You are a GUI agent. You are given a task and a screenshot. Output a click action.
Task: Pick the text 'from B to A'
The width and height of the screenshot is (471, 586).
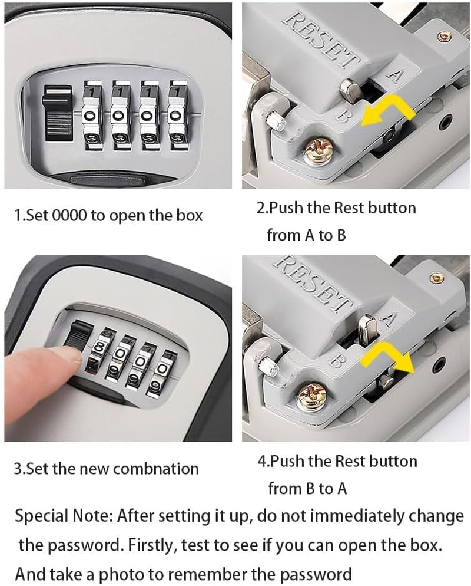(307, 489)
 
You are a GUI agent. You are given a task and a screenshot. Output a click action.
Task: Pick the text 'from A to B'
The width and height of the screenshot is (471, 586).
(306, 236)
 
